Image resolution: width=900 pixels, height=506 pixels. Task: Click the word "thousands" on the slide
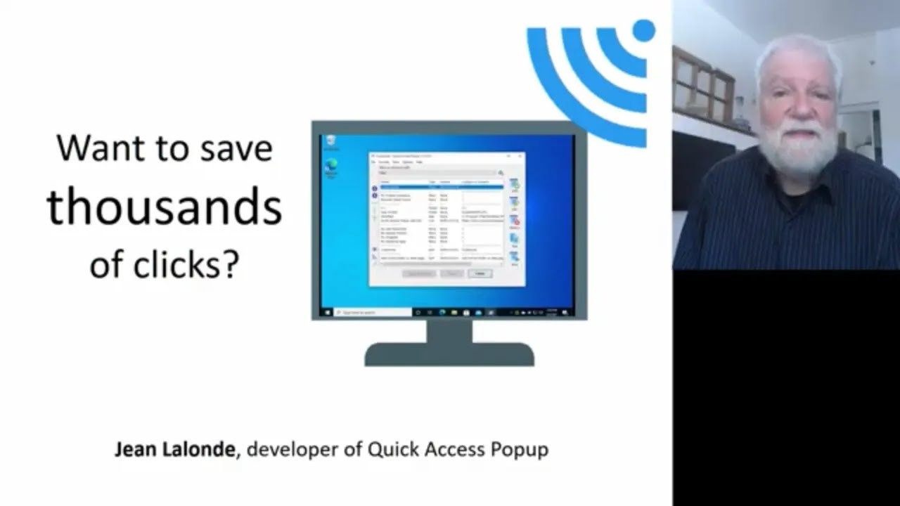click(164, 207)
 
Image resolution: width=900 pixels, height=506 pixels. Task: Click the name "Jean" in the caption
click(134, 449)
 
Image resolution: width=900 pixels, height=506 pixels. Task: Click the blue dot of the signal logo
click(643, 31)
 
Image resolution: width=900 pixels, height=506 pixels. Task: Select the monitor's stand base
click(449, 354)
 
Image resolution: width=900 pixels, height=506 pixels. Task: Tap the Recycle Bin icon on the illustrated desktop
click(331, 141)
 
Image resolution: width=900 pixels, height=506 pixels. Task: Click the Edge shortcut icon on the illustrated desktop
click(331, 165)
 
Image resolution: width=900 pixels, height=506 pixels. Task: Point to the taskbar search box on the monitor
click(373, 311)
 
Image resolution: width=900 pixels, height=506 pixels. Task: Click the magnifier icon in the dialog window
click(501, 172)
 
